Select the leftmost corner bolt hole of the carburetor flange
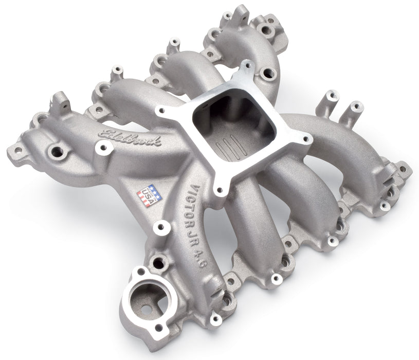pos(160,110)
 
